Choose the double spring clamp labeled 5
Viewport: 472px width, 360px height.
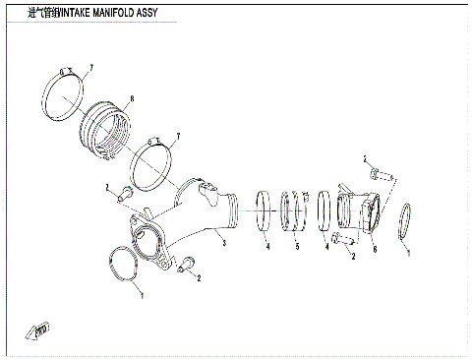pyautogui.click(x=292, y=213)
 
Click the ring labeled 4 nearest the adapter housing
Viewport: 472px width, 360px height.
pyautogui.click(x=326, y=215)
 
